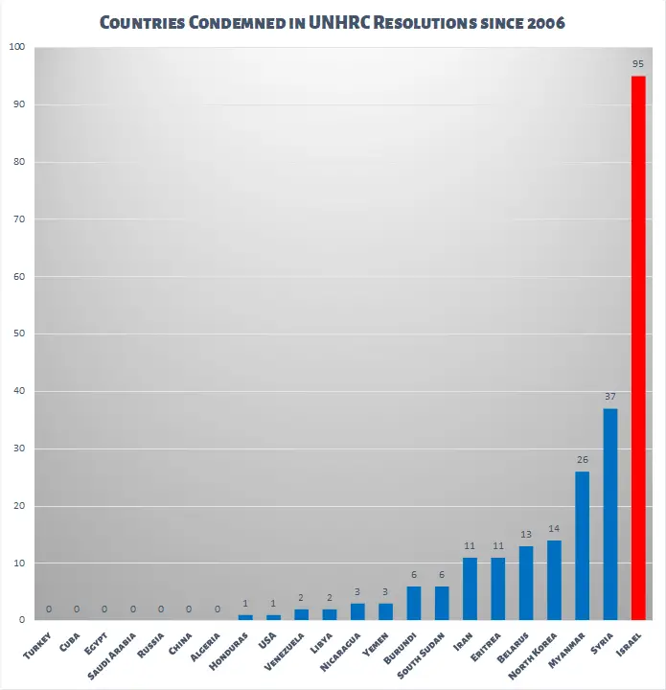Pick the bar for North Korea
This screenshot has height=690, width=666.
pos(554,581)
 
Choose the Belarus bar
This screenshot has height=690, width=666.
pos(526,584)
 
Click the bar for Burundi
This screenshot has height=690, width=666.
pos(414,604)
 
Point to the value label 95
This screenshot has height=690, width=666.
pos(638,63)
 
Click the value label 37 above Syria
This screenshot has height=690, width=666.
pos(610,396)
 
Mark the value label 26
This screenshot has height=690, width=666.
pos(582,459)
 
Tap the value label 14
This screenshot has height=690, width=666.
pos(554,528)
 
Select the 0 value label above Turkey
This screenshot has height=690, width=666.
pos(49,609)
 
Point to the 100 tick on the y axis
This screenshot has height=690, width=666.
pos(18,47)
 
